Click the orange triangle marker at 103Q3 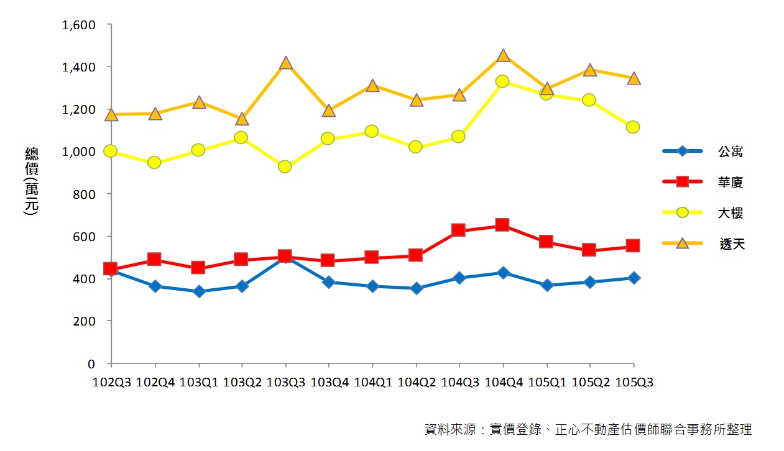[285, 63]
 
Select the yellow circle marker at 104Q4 [502, 81]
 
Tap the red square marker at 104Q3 [459, 230]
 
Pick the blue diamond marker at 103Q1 [198, 291]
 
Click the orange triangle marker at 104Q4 [502, 56]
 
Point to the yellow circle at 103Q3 [285, 166]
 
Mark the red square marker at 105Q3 [633, 246]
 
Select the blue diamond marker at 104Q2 [416, 288]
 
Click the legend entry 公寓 [730, 152]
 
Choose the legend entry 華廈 [730, 182]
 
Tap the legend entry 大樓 [730, 213]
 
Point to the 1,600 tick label [78, 25]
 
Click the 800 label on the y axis [83, 194]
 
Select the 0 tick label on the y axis [91, 363]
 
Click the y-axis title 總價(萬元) [31, 181]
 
